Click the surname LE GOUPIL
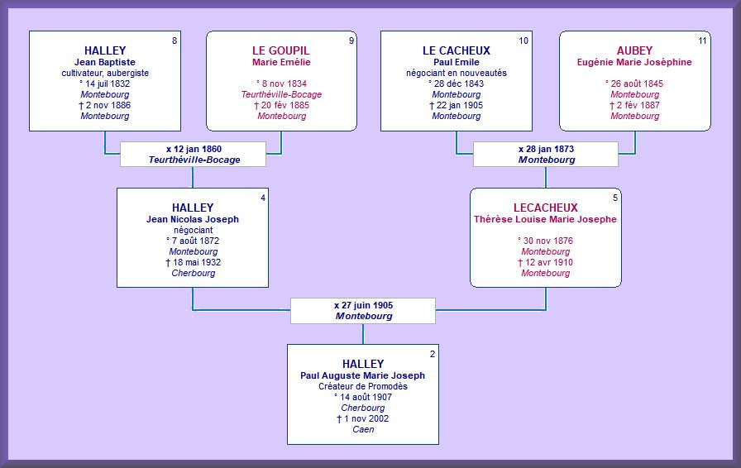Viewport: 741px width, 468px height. [x=280, y=50]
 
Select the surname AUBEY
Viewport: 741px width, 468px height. [x=634, y=50]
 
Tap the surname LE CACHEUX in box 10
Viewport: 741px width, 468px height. [x=456, y=50]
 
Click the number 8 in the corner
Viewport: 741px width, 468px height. [x=174, y=41]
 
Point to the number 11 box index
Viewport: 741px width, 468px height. [x=702, y=41]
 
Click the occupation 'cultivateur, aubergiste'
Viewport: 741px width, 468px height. [x=105, y=73]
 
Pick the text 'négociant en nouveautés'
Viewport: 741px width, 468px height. [x=456, y=73]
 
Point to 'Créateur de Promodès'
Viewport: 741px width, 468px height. [x=363, y=386]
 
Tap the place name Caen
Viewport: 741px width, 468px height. [x=363, y=429]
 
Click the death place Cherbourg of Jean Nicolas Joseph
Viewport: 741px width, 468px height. [x=193, y=273]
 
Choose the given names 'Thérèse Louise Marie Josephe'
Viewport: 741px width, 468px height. [x=545, y=219]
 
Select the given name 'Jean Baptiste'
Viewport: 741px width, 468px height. [x=105, y=62]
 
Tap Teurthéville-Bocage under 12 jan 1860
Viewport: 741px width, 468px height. [x=194, y=160]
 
